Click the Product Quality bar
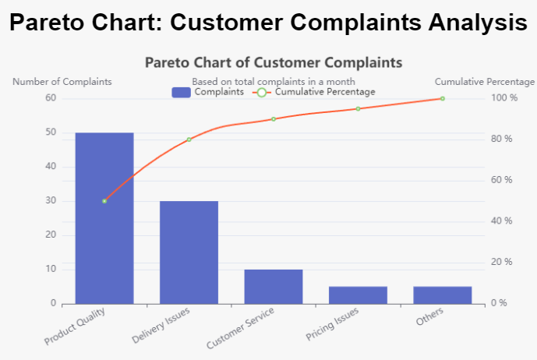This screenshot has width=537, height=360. coord(104,218)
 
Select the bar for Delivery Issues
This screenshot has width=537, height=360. coord(189,252)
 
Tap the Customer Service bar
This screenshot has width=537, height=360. coord(274,286)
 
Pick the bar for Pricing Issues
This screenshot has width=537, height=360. coord(358,295)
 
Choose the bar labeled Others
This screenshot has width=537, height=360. coord(442,295)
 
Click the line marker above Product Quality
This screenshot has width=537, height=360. coord(104,201)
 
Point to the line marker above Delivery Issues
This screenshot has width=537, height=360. coord(189,139)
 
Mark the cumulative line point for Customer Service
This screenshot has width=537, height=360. coord(274,119)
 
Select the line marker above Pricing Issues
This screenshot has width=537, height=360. coord(359,108)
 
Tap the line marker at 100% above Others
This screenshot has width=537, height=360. coord(443,98)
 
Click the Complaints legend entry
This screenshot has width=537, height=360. coord(207,92)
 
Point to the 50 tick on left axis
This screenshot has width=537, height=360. coord(51,132)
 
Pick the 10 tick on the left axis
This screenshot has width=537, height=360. coord(51,270)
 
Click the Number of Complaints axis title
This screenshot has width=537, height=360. coord(62,82)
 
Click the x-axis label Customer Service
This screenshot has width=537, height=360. coord(241,329)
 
